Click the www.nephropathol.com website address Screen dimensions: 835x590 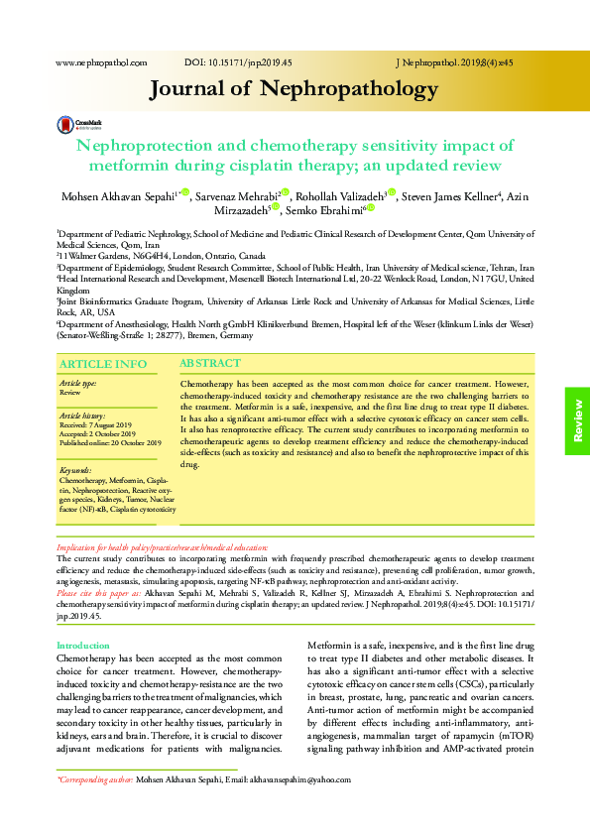pos(101,61)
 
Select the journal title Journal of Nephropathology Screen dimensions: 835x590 pos(294,89)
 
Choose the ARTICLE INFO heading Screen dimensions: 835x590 pos(103,364)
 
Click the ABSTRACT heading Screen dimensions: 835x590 pos(210,364)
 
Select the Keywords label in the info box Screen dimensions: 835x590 pos(75,468)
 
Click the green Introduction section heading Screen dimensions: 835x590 pos(83,646)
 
